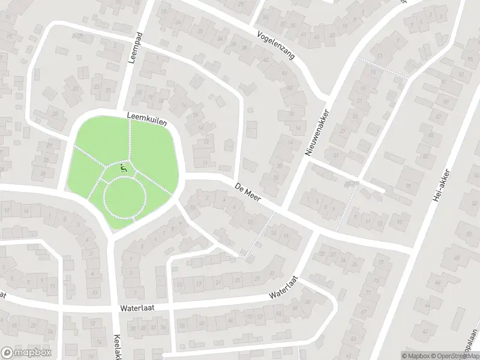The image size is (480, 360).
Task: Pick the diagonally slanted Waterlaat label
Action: tap(284, 288)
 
